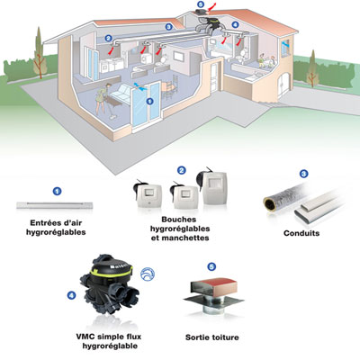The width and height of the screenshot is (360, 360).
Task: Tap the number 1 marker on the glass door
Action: tap(149, 102)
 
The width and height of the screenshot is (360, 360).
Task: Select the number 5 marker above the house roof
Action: tap(201, 4)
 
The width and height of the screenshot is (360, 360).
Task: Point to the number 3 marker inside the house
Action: tap(168, 27)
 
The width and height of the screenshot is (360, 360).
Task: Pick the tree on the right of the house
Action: tap(312, 68)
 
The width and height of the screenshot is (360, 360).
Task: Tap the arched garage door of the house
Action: tap(283, 85)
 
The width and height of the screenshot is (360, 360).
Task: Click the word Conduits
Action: tap(301, 233)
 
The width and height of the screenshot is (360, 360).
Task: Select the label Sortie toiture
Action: tap(212, 337)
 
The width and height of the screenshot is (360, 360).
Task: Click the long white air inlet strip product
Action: tap(54, 205)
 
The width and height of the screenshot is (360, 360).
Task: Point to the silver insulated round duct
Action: tap(285, 198)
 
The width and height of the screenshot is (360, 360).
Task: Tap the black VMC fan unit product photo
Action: tap(110, 284)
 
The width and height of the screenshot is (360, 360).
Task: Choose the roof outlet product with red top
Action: tap(213, 295)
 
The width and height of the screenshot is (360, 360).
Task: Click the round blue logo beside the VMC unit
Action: tap(148, 274)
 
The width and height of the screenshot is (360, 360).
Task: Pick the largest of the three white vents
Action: tap(212, 186)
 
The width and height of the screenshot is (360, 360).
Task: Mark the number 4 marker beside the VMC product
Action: tap(71, 295)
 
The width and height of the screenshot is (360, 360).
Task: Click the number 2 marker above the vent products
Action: tap(181, 171)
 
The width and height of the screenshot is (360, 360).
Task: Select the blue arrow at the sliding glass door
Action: tap(140, 86)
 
